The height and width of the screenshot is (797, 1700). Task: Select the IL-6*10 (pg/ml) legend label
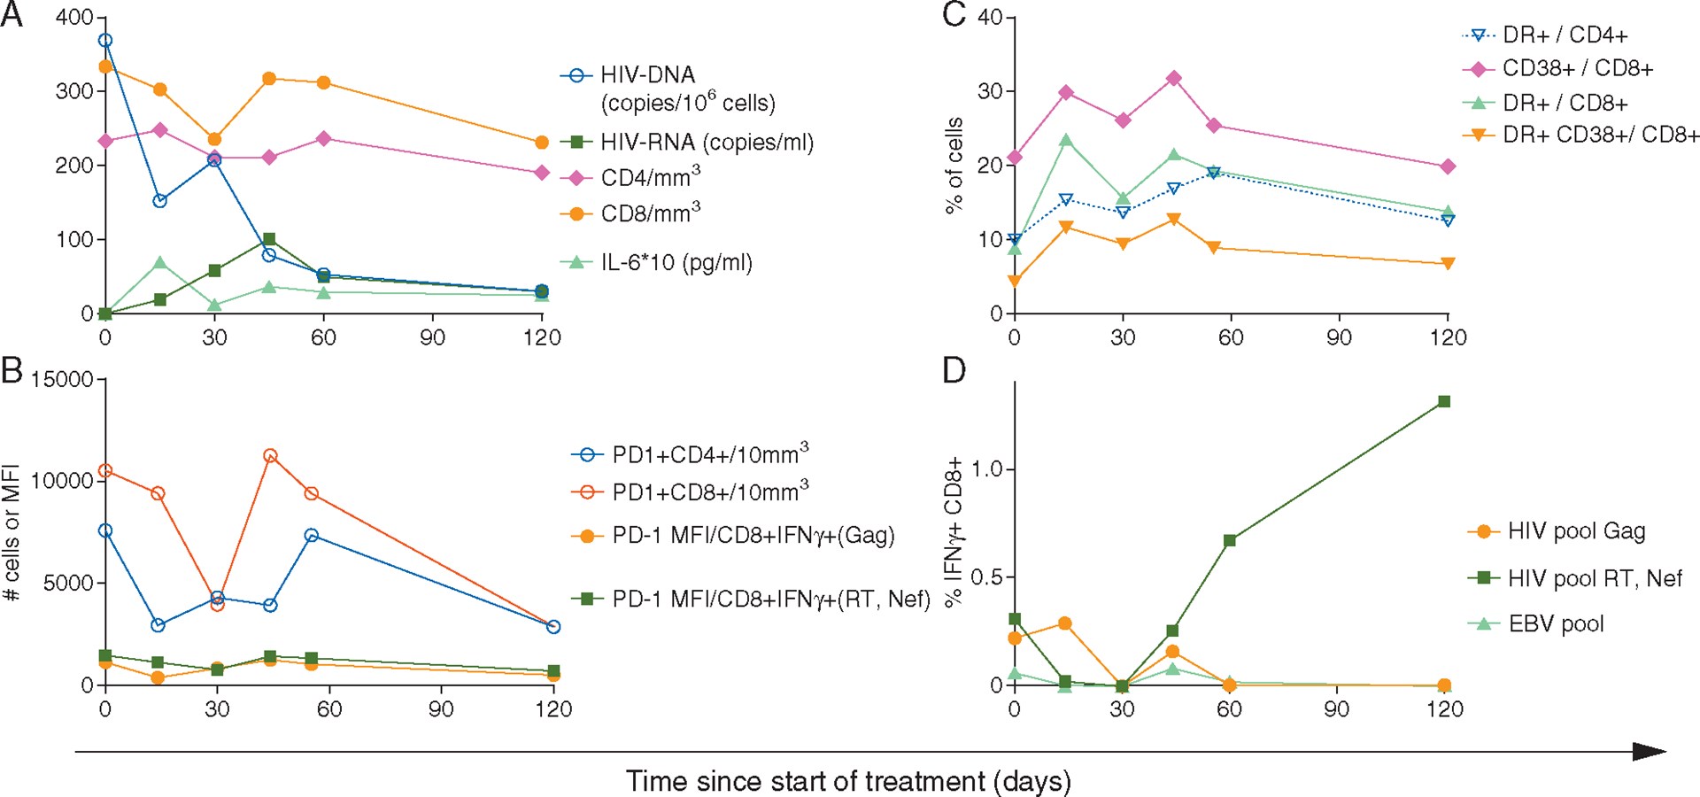[x=676, y=262]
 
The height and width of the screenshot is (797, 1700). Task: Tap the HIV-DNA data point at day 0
[x=105, y=40]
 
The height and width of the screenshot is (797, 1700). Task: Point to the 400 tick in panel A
[x=74, y=18]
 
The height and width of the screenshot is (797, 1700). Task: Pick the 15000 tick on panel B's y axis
[x=62, y=380]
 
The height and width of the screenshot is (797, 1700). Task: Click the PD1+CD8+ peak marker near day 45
[x=271, y=455]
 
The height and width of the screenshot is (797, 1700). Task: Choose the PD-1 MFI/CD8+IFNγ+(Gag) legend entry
[x=753, y=535]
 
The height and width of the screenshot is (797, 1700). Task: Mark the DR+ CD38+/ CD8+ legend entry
[x=1601, y=135]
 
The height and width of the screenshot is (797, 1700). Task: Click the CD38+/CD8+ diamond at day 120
[x=1448, y=166]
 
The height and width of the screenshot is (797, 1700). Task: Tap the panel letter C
[x=954, y=15]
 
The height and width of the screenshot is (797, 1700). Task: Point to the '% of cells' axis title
[x=954, y=166]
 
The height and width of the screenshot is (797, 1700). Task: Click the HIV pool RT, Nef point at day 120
[x=1444, y=401]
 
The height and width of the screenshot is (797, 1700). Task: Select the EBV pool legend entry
[x=1556, y=623]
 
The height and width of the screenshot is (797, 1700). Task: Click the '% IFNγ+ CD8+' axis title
[x=954, y=532]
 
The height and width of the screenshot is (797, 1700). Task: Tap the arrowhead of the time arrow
[x=1651, y=752]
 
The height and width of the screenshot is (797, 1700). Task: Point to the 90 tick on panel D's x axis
[x=1337, y=708]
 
